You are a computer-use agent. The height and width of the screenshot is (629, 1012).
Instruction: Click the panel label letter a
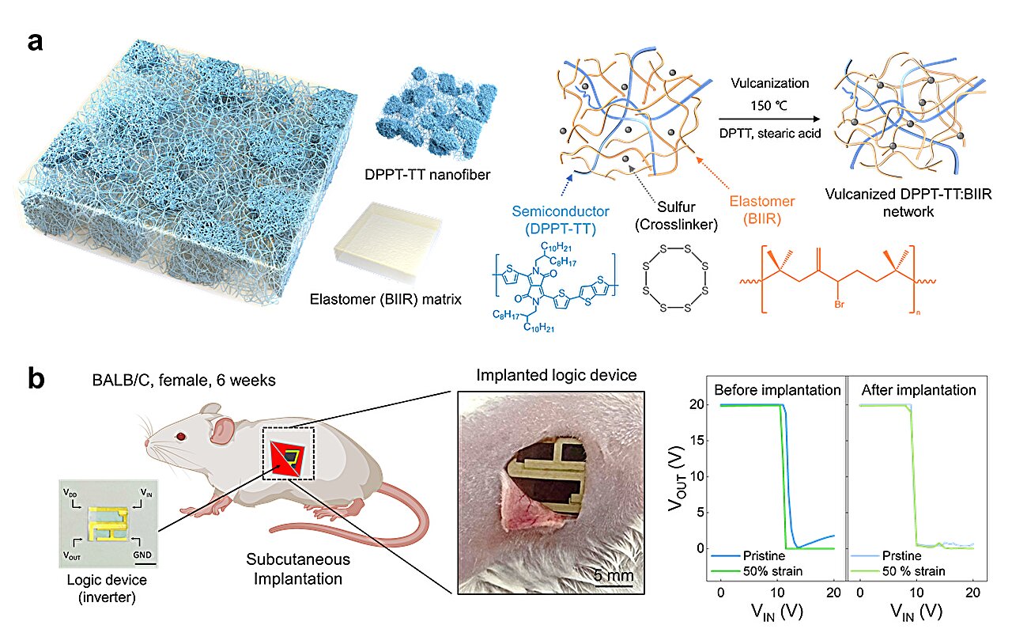click(36, 42)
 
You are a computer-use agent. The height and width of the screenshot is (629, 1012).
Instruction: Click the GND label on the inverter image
click(141, 555)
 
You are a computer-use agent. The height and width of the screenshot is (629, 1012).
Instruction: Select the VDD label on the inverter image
click(72, 492)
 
